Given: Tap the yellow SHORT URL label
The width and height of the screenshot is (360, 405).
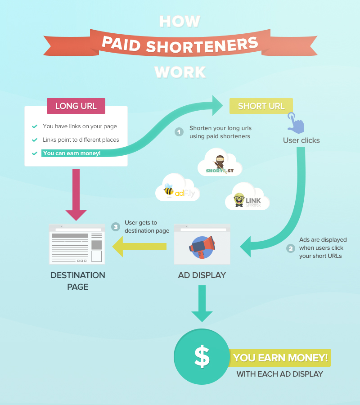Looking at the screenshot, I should tap(261, 106).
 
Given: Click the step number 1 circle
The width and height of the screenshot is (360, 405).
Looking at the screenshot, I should tap(179, 132).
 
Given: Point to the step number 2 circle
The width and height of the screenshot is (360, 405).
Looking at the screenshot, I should tap(290, 248).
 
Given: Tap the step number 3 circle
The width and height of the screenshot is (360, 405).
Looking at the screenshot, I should tap(116, 226).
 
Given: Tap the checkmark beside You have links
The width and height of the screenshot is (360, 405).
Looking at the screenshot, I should tap(35, 126).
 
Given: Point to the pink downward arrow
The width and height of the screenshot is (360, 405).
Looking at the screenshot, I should tap(76, 193).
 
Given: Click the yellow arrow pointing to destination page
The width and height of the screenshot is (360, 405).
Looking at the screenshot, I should tap(139, 246).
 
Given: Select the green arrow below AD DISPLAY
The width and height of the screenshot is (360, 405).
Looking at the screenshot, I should tap(202, 303).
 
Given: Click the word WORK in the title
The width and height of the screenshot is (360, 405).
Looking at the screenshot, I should tap(180, 72).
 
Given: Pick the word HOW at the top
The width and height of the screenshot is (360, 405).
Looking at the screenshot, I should tap(180, 21).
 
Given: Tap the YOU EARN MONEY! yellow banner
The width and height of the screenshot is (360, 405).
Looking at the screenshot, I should tap(280, 358).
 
